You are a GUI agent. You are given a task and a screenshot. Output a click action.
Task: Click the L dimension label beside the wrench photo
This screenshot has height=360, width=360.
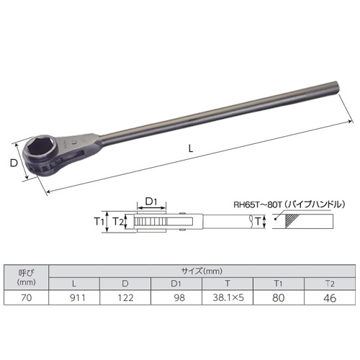point(189,148)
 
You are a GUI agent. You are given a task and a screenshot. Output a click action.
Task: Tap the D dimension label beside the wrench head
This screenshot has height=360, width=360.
point(13,163)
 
